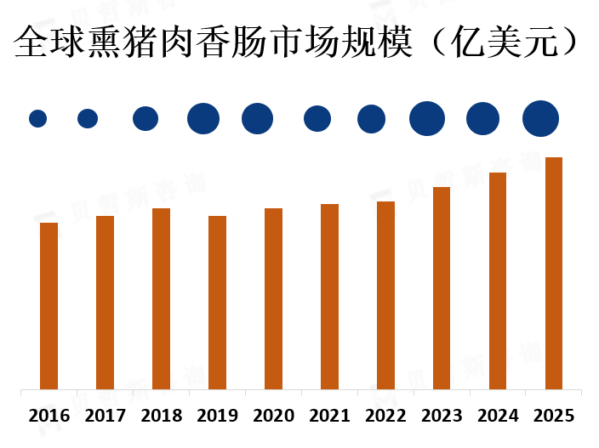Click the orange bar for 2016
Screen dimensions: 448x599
click(48, 306)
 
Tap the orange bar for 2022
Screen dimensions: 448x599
click(385, 295)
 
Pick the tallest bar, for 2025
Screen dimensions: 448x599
click(554, 273)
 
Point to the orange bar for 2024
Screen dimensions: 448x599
click(498, 281)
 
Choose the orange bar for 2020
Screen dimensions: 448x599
click(273, 298)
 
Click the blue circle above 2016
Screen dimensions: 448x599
click(37, 119)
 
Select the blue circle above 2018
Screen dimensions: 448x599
click(145, 119)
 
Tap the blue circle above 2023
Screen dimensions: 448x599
click(427, 119)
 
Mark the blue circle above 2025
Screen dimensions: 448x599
click(540, 119)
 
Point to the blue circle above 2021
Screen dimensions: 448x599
click(317, 119)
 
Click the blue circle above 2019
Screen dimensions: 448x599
click(203, 119)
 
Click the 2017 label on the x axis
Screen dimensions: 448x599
click(105, 417)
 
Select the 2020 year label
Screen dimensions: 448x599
click(273, 417)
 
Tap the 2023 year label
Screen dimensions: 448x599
click(442, 417)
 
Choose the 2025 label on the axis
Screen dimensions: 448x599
click(554, 417)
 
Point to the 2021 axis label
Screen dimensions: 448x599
click(329, 417)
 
